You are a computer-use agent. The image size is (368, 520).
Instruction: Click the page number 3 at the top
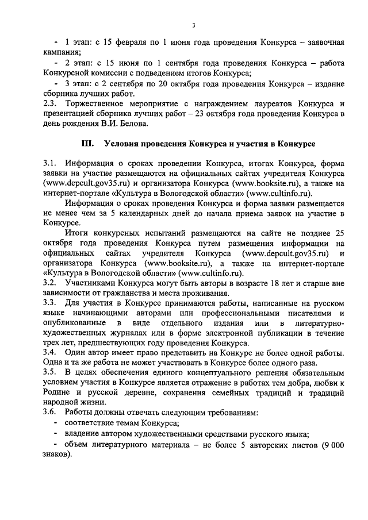click(194, 25)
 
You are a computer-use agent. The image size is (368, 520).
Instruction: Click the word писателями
click(305, 313)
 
